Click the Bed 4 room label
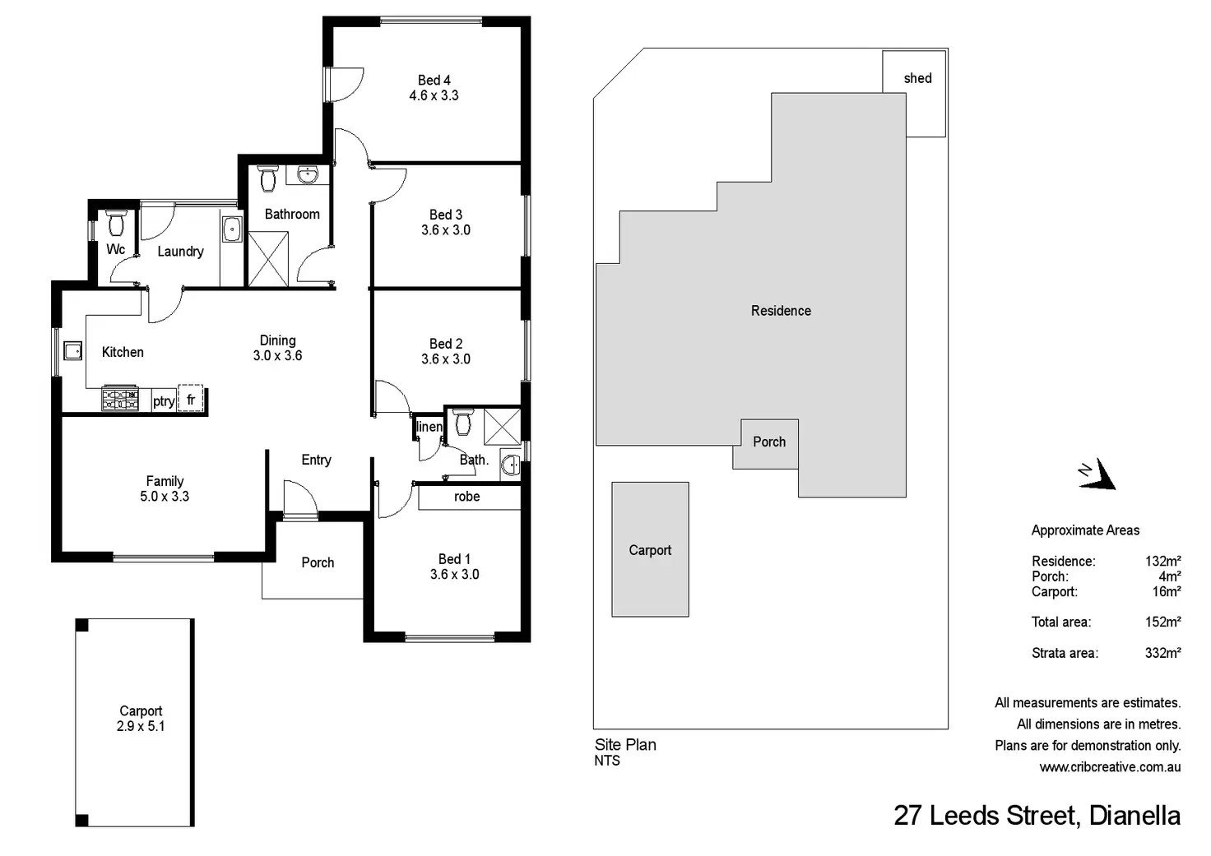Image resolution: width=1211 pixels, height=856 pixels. click(434, 81)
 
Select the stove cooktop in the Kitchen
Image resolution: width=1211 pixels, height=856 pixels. click(120, 399)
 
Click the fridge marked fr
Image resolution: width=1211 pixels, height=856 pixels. click(191, 399)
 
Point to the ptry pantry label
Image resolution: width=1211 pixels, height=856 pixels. click(164, 401)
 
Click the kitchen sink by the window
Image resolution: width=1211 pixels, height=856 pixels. click(72, 351)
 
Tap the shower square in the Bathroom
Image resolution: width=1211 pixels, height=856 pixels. click(268, 259)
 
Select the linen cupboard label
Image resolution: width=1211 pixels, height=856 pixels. click(429, 427)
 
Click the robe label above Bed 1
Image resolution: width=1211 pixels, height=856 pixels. click(466, 497)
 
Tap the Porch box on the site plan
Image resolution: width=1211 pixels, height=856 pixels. click(768, 442)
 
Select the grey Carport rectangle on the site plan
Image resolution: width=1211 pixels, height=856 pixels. click(650, 549)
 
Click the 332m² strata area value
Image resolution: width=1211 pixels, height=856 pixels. click(1162, 653)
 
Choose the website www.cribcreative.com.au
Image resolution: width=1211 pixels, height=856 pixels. click(1110, 767)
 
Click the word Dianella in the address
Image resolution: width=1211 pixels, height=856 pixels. click(1134, 816)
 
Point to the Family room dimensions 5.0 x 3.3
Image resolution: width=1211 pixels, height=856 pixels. click(165, 497)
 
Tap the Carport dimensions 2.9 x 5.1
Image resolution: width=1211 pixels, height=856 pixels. click(141, 726)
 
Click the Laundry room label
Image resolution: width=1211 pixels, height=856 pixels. click(180, 252)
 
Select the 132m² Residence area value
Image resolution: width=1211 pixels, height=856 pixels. click(1162, 562)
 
